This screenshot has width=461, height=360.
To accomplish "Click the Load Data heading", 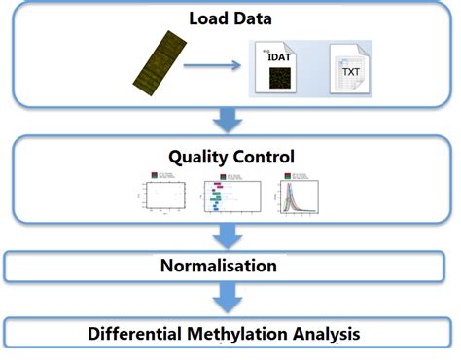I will pyautogui.click(x=230, y=18).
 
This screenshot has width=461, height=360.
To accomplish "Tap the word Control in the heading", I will pyautogui.click(x=265, y=156).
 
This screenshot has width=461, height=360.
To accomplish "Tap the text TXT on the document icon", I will pyautogui.click(x=351, y=71).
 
